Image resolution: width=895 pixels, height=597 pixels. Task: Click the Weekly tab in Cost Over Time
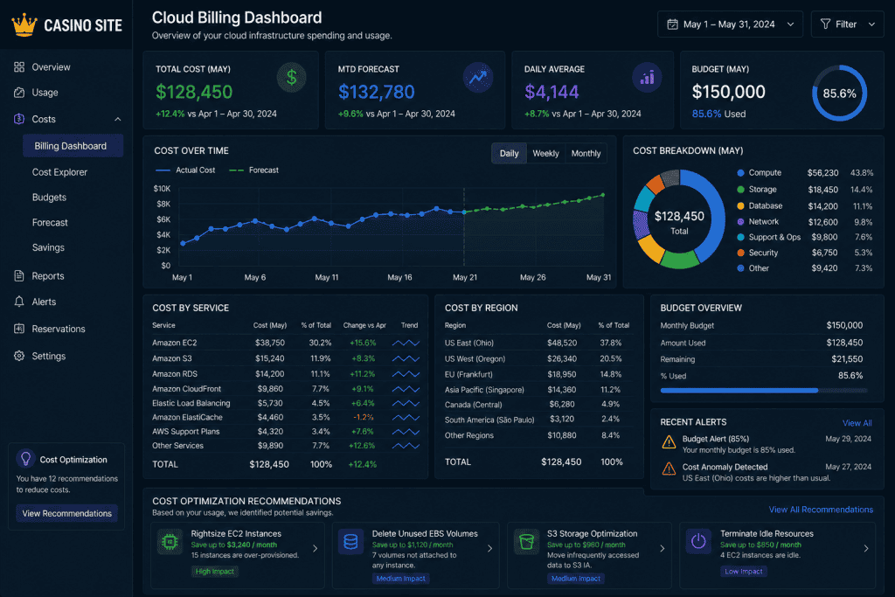(545, 154)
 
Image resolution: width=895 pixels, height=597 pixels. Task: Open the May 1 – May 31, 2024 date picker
(730, 24)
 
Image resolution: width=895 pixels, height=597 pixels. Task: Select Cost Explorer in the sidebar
(59, 172)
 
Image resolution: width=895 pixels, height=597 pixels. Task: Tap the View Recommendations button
(66, 513)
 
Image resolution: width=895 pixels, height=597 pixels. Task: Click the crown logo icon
(24, 25)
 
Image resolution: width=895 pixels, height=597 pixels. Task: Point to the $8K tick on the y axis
(163, 204)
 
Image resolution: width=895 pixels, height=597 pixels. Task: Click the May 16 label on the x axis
(399, 277)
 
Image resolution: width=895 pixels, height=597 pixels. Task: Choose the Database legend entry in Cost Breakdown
(766, 205)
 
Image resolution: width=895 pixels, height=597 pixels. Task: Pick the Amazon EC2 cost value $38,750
(270, 343)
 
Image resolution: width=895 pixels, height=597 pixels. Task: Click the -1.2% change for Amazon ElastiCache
(363, 417)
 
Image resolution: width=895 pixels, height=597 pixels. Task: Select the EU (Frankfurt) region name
(468, 374)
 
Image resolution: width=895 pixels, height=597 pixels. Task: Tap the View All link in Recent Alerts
(857, 423)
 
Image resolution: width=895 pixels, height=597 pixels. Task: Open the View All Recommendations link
(821, 509)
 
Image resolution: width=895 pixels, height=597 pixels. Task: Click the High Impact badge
(215, 572)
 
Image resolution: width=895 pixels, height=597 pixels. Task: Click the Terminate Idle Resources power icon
(698, 541)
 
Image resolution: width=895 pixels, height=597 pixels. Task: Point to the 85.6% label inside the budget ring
(839, 94)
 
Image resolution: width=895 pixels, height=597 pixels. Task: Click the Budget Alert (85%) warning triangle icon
(669, 441)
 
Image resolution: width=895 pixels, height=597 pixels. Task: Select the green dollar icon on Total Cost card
(292, 77)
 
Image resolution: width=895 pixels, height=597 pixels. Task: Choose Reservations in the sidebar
(59, 329)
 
